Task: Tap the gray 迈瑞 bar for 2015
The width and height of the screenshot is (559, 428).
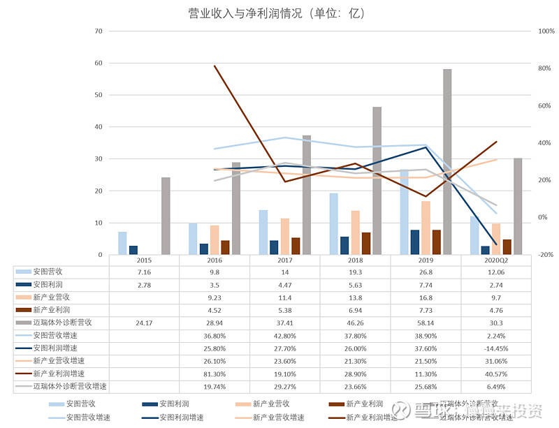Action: [166, 216]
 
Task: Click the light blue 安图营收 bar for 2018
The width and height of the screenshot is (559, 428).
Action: [334, 223]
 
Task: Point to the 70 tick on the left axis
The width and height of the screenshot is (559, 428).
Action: [99, 31]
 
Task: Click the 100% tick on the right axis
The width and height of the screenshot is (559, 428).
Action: [545, 31]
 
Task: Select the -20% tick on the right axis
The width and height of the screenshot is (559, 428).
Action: [545, 255]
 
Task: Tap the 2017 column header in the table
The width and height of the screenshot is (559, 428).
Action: [284, 260]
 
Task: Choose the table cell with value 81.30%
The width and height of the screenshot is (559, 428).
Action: [214, 374]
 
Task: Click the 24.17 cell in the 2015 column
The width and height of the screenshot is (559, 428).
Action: [143, 323]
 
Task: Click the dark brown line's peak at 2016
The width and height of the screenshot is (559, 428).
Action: [215, 66]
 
